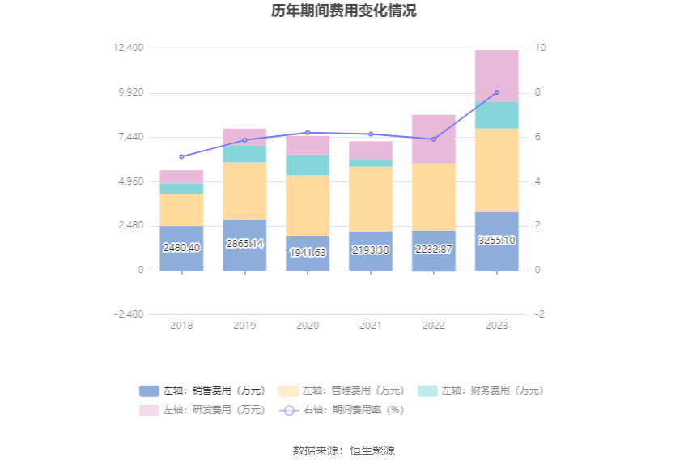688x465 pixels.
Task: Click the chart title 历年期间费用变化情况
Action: (344, 11)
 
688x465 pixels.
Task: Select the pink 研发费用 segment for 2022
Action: (434, 139)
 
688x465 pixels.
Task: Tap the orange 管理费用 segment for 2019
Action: (244, 190)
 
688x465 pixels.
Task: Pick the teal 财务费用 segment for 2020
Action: (308, 164)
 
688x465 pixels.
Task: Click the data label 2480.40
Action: (181, 248)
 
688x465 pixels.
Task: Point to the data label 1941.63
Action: (308, 253)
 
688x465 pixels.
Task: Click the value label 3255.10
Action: (496, 241)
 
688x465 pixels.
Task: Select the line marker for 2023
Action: (496, 92)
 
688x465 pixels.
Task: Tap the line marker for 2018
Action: (181, 156)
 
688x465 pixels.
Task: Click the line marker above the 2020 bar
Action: (308, 133)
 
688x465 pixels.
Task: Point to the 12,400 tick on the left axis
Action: (130, 49)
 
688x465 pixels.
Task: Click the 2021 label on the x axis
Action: (371, 326)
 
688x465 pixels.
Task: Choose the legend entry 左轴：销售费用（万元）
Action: (202, 390)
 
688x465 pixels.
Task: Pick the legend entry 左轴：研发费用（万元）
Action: (202, 410)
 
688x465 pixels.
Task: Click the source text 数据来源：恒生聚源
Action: (344, 450)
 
